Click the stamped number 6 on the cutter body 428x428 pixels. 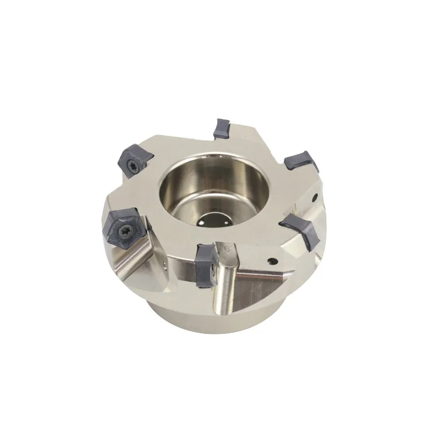[x=227, y=248]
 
